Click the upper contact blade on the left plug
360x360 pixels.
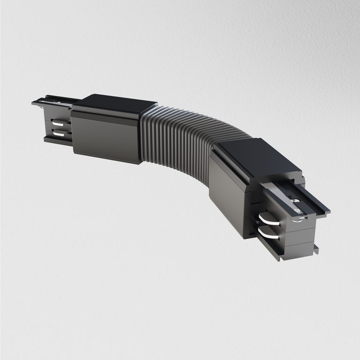point(60,125)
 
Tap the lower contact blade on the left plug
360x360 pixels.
point(60,134)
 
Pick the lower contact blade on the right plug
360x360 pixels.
point(268,232)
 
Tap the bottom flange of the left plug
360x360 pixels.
point(56,139)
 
